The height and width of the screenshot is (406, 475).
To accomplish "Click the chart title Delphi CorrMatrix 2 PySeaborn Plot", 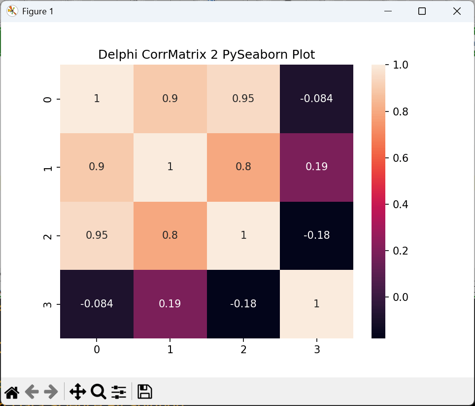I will (x=206, y=54).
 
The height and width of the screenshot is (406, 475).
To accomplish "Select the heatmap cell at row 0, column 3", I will (x=316, y=99).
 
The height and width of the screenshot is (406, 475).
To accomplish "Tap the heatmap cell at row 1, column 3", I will (x=316, y=167).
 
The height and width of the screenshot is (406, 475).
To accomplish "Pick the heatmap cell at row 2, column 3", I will (x=316, y=235).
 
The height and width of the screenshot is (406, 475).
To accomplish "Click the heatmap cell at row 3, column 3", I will (x=316, y=304).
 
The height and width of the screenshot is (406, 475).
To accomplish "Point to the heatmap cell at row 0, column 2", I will (x=243, y=99).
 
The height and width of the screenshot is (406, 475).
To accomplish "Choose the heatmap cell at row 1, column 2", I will (x=243, y=167).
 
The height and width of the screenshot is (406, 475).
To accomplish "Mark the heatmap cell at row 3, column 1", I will (x=170, y=304).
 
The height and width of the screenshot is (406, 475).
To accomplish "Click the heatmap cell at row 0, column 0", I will (x=97, y=99).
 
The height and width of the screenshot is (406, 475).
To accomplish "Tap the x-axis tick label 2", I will (x=243, y=350).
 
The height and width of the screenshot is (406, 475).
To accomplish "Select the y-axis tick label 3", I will (x=47, y=304).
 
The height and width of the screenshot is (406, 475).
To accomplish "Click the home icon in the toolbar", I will (x=12, y=392).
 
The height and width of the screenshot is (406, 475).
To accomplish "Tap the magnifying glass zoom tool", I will (x=98, y=392).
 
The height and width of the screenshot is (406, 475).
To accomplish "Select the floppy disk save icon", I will (x=144, y=392).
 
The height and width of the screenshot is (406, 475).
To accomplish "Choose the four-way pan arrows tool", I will (x=78, y=392).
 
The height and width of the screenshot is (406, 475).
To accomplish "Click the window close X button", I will (x=457, y=11).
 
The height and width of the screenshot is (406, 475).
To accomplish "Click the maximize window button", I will (x=422, y=11).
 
